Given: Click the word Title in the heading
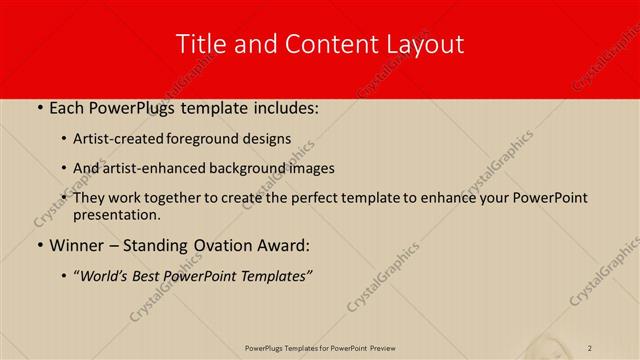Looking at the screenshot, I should [x=199, y=44].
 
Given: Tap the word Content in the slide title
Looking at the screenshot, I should [x=320, y=44].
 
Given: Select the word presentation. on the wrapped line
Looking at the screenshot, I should [x=116, y=215].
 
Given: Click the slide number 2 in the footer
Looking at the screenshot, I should [x=590, y=348].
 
